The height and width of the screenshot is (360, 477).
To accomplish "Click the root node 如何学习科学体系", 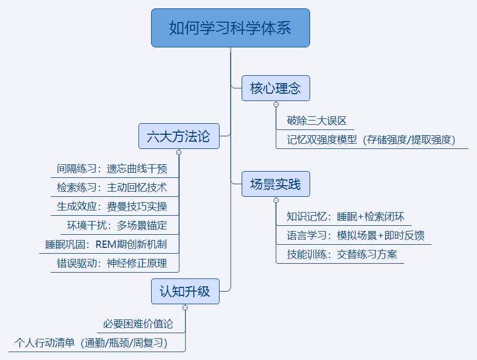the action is pos(230,28).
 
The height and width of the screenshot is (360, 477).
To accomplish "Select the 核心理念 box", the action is pos(275,88).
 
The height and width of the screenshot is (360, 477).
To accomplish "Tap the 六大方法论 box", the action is pos(179,136).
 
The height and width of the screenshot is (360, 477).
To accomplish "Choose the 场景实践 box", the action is pos(275,184).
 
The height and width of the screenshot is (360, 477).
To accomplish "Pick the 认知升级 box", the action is pos(185,291).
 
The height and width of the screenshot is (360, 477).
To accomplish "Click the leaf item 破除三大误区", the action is pos(316,121).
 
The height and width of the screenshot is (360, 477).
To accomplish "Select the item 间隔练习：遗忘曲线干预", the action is pos(112,168).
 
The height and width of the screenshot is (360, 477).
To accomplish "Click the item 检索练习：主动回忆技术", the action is pos(112,187).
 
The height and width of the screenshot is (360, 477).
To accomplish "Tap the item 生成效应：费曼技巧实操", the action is pos(112,206).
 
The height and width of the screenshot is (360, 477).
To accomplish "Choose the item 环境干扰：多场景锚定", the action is pos(117,225).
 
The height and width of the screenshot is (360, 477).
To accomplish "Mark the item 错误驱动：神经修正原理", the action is pos(112,263).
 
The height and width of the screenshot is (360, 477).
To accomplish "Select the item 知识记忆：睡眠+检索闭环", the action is pos(345,216).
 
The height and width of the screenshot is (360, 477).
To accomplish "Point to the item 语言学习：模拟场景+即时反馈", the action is pos(355,235).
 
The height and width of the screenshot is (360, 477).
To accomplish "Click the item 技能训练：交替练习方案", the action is pos(342,254).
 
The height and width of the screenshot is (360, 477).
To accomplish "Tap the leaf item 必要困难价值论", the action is pos(138,324).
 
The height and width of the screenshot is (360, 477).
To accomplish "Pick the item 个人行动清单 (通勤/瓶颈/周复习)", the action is pos(91,343).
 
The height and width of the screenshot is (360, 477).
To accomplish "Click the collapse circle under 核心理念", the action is pos(276,105).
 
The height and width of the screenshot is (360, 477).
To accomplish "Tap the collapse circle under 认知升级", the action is pos(185,308).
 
